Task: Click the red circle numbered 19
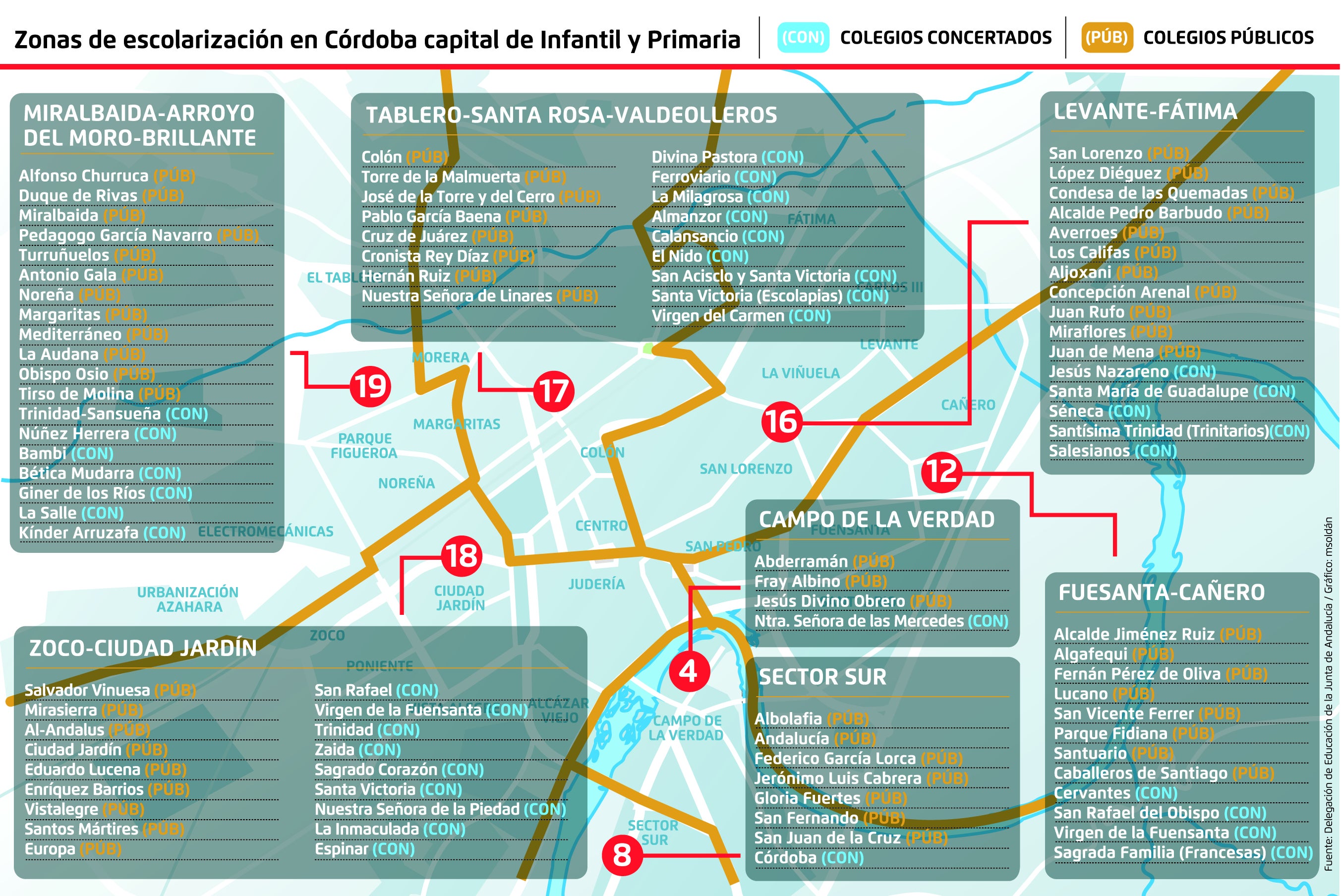click(370, 386)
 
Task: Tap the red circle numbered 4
click(689, 671)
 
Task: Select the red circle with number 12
click(941, 472)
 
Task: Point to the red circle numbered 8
click(622, 855)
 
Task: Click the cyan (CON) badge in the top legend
click(803, 38)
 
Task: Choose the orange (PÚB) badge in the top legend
click(1106, 38)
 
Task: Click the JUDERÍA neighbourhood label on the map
click(596, 584)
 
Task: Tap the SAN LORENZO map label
click(746, 469)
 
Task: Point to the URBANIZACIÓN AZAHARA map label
click(188, 599)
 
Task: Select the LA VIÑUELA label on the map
click(800, 373)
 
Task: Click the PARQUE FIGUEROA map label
click(364, 446)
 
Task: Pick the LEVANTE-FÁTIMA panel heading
click(1145, 112)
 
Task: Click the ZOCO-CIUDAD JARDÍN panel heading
click(143, 649)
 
